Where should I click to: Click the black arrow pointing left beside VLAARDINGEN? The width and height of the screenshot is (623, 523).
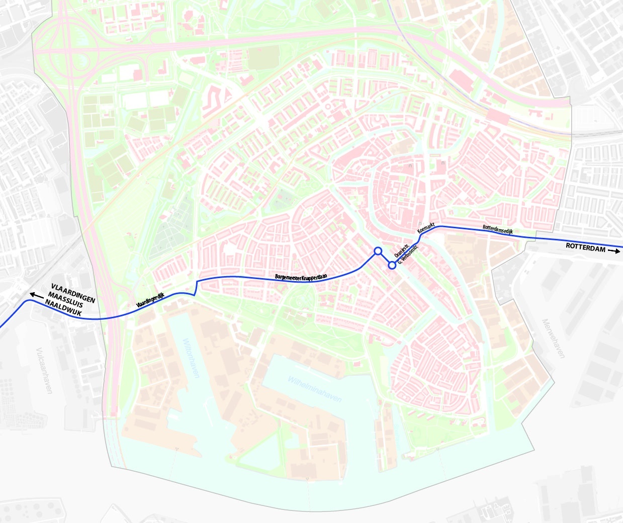click(36, 295)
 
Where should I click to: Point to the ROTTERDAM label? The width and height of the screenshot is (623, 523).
click(586, 246)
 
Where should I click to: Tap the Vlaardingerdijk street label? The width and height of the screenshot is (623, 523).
click(150, 300)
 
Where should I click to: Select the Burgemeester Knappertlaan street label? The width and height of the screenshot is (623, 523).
click(301, 276)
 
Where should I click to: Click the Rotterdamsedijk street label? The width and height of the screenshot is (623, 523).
click(498, 228)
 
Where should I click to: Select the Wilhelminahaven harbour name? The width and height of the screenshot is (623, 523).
click(314, 388)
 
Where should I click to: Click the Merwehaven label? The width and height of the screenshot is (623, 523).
click(553, 338)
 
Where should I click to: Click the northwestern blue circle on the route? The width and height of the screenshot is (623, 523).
click(378, 250)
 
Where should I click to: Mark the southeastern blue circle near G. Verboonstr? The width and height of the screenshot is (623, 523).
click(392, 265)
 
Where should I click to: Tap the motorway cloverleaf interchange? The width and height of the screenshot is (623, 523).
click(65, 50)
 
